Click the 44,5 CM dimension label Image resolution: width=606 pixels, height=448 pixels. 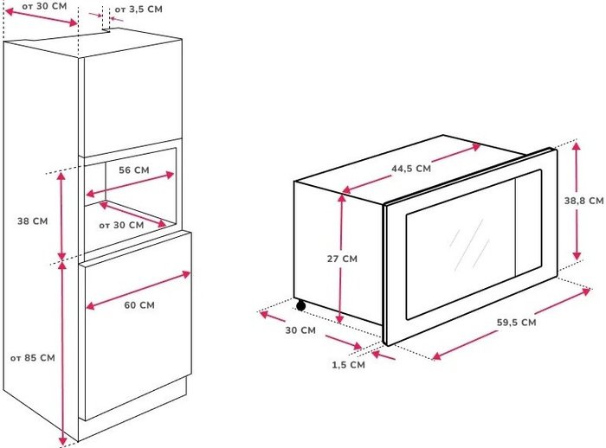(411, 169)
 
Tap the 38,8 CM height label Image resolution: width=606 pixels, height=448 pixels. (583, 201)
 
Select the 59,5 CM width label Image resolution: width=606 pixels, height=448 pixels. (516, 322)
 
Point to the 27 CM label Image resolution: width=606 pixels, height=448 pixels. (342, 259)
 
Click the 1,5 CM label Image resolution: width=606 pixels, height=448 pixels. (348, 365)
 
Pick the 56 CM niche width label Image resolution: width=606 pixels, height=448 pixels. (133, 170)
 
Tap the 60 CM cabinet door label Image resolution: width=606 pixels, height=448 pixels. (139, 305)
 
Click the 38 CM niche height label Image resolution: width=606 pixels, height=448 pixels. (33, 221)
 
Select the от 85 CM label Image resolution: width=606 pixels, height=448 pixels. (33, 358)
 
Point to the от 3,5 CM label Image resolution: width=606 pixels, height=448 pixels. (139, 10)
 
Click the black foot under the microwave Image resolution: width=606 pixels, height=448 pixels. (300, 306)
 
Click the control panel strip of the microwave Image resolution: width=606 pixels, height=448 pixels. (528, 223)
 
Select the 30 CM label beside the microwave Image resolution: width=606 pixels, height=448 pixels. (300, 330)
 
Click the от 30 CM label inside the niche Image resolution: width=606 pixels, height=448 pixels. (121, 225)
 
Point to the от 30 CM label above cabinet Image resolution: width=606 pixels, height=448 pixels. (44, 7)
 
